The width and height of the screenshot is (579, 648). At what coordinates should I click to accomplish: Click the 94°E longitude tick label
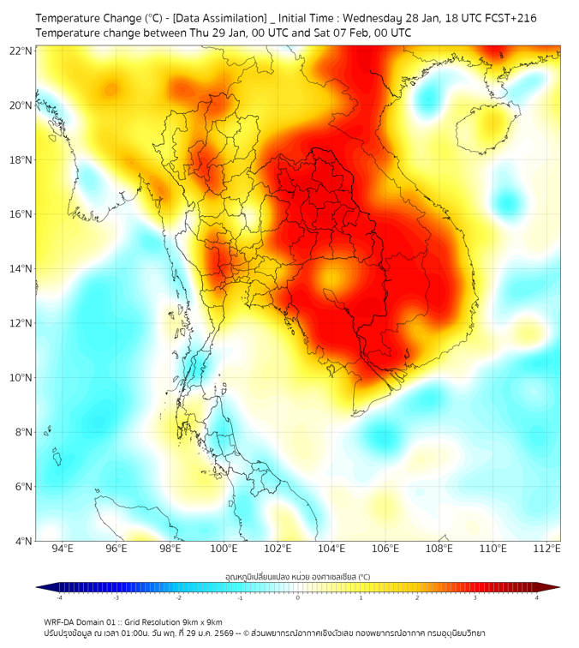(63, 549)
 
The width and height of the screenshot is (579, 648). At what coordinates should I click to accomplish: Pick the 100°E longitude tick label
(224, 549)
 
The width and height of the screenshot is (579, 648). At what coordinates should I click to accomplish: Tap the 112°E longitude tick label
(548, 549)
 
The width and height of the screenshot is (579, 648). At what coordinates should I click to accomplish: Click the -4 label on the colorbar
(58, 597)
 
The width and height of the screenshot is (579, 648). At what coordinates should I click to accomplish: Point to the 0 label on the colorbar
(298, 597)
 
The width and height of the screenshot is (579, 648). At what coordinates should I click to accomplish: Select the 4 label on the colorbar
(537, 597)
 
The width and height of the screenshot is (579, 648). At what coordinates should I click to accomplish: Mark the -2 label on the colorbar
(178, 597)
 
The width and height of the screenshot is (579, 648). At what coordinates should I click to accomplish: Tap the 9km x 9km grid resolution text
(198, 621)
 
